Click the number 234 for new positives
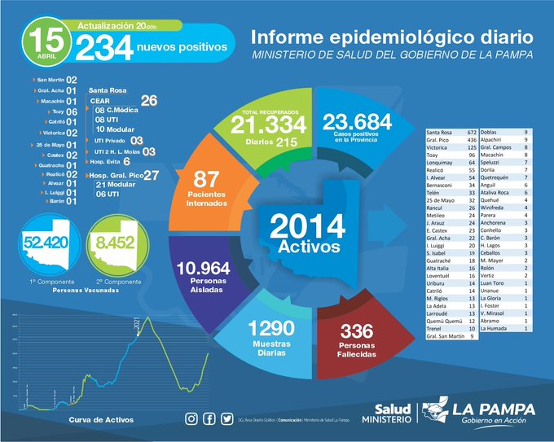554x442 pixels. coord(103,49)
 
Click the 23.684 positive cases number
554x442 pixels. coord(357,122)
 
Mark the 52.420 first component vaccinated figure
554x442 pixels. coord(44,242)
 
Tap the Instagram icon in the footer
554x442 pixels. coord(191,418)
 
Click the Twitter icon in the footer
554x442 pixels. coord(226,418)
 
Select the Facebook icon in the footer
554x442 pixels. coord(209,418)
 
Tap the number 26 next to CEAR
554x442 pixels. coord(149,100)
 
